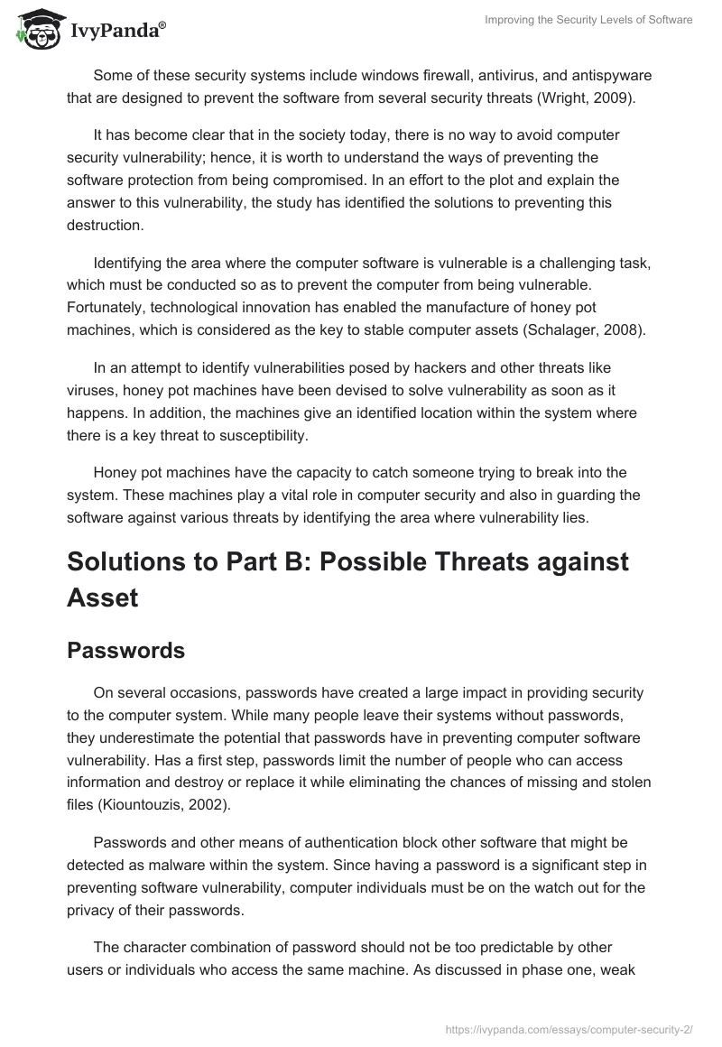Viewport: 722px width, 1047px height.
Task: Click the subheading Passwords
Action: click(125, 651)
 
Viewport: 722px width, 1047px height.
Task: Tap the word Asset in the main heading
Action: click(102, 597)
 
